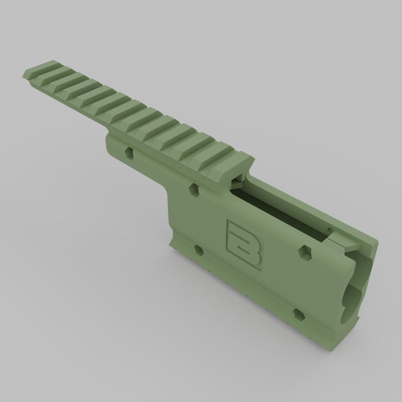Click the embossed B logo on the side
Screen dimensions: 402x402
point(244,245)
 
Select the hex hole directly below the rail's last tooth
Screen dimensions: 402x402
point(194,190)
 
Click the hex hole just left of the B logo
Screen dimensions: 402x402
point(199,250)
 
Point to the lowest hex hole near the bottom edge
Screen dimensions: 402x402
point(298,315)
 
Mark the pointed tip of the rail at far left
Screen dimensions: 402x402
point(23,75)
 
